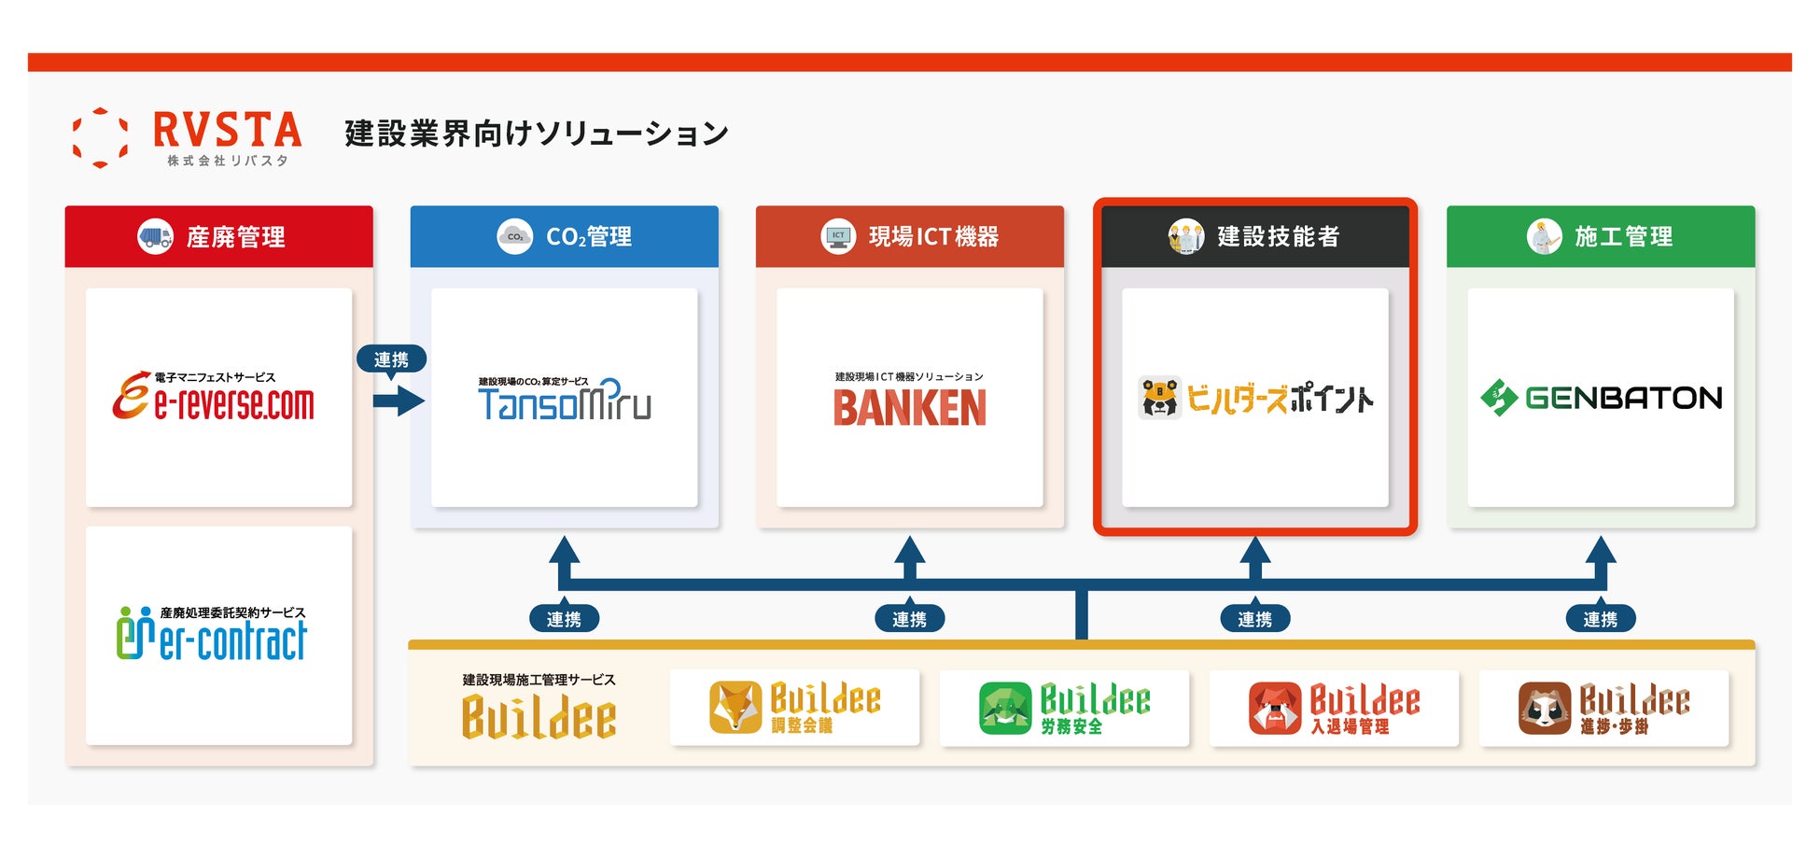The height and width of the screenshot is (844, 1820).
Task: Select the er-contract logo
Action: coord(212,634)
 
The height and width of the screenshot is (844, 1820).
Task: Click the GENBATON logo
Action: coord(1601,398)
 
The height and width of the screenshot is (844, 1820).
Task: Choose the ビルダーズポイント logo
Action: coord(1255,398)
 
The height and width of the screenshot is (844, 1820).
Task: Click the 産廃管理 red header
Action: coord(218,236)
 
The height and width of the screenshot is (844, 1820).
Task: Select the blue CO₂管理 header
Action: coord(564,236)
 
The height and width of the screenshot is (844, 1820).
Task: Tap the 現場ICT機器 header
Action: coord(909,236)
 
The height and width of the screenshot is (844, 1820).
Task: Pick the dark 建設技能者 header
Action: coord(1255,236)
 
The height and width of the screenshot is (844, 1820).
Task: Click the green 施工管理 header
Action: coord(1601,236)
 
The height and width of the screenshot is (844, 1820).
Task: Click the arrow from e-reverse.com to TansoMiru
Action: coord(399,401)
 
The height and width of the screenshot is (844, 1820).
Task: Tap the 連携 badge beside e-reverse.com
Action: coord(391,359)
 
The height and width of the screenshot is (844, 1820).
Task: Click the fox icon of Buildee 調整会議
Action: coord(735,707)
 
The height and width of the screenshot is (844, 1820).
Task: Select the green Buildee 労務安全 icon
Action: coord(1005,708)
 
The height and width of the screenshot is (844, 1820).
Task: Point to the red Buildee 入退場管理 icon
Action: coord(1275,708)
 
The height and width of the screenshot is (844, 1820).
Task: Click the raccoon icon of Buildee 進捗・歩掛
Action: coord(1545,708)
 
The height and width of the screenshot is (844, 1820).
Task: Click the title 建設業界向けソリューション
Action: coord(537,134)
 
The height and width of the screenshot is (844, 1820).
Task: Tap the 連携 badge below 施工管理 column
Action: coord(1600,619)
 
